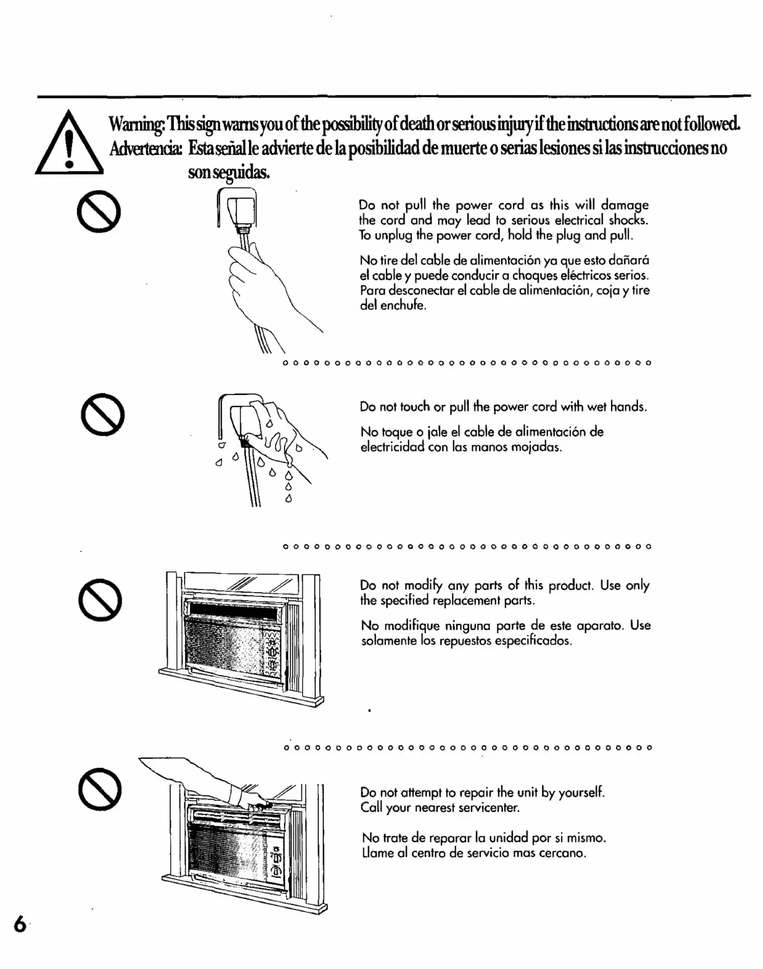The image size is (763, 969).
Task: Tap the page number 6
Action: pyautogui.click(x=21, y=924)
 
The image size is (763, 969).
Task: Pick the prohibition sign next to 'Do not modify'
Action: pyautogui.click(x=100, y=599)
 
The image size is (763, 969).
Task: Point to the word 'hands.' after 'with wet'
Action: pyautogui.click(x=629, y=407)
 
